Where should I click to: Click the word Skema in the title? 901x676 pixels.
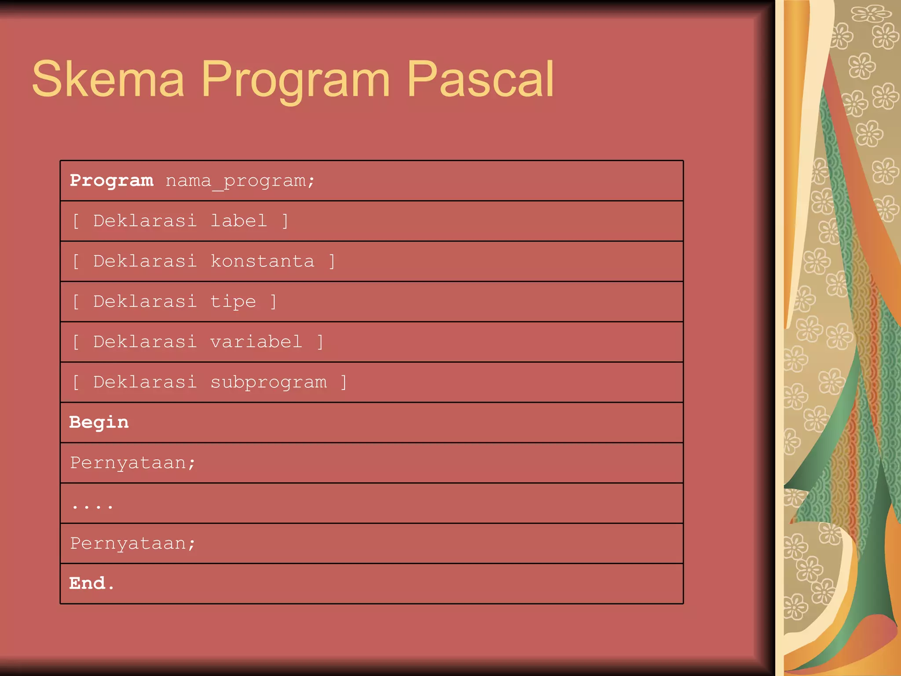pyautogui.click(x=108, y=79)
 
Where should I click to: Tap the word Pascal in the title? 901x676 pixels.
pyautogui.click(x=480, y=79)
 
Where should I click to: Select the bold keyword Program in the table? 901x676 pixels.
pyautogui.click(x=112, y=180)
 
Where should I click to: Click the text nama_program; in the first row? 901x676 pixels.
pyautogui.click(x=240, y=181)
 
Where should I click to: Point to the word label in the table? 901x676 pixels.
pyautogui.click(x=238, y=221)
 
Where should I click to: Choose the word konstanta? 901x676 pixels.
pyautogui.click(x=263, y=261)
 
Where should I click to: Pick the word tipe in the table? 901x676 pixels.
pyautogui.click(x=233, y=302)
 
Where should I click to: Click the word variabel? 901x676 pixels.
pyautogui.click(x=256, y=342)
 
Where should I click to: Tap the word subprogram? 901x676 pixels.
pyautogui.click(x=268, y=382)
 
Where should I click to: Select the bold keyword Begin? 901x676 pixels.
pyautogui.click(x=99, y=422)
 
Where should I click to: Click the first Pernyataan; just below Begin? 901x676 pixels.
pyautogui.click(x=132, y=463)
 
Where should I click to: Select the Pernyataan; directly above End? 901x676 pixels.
pyautogui.click(x=132, y=544)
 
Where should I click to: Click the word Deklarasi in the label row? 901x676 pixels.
pyautogui.click(x=145, y=221)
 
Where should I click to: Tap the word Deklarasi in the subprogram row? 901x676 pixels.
pyautogui.click(x=145, y=382)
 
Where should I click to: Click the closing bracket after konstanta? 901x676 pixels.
pyautogui.click(x=332, y=261)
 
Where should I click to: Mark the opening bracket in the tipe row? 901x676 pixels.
pyautogui.click(x=76, y=302)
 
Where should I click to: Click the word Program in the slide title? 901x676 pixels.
pyautogui.click(x=296, y=79)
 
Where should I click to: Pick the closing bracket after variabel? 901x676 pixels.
pyautogui.click(x=320, y=342)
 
